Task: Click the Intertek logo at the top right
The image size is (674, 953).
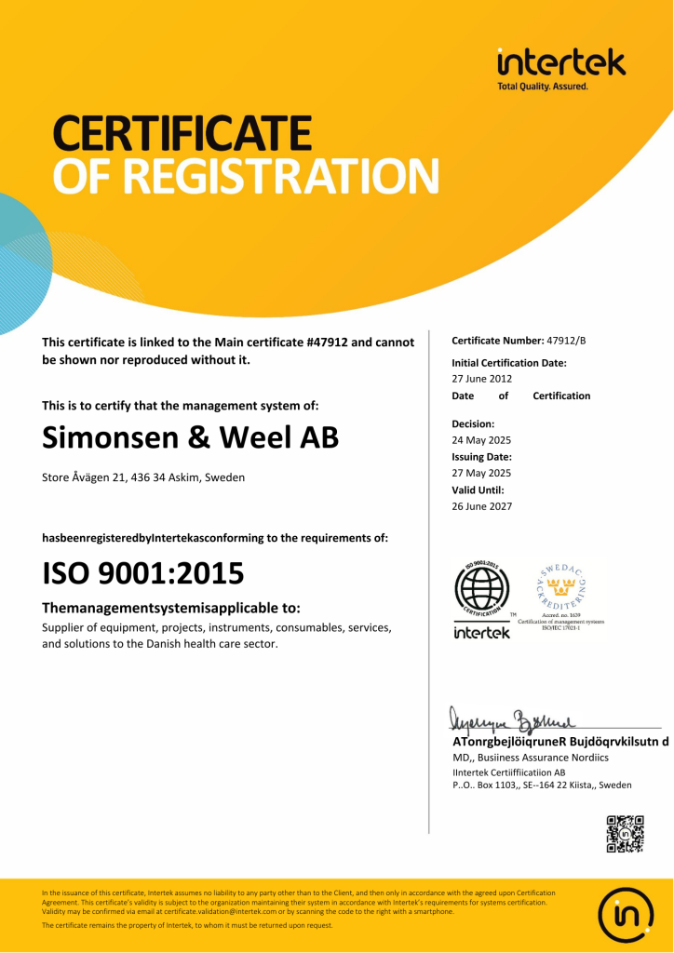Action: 560,66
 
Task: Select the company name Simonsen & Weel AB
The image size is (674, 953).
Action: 191,437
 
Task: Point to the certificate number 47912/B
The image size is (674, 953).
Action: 567,341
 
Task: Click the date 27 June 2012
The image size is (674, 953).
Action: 482,379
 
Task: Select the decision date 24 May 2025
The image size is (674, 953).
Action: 481,440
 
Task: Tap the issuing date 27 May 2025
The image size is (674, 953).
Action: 481,474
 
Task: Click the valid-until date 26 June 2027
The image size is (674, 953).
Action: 482,506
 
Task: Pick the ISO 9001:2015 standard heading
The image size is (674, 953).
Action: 143,572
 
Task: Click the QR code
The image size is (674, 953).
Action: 625,834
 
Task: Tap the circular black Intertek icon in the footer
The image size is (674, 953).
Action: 625,916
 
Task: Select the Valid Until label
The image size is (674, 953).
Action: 478,490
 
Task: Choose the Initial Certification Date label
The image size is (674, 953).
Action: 509,363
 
